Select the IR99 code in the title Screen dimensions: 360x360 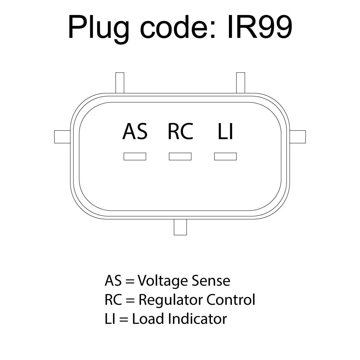coord(259,27)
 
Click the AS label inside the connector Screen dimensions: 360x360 coord(135,131)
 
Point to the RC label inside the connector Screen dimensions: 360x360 coord(180,131)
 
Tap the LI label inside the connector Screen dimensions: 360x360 coord(225,131)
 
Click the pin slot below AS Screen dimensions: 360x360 coord(135,156)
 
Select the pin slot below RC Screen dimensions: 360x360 coord(180,156)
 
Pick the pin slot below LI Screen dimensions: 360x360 coord(225,156)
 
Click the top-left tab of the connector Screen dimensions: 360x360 coord(120,83)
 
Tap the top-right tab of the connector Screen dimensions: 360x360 coord(241,83)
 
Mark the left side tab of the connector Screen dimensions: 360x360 coord(62,137)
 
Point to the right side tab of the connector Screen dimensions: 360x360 coord(298,137)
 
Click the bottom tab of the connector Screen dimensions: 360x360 coord(180,227)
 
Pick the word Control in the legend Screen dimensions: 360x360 coord(230,300)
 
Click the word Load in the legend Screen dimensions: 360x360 coord(148,319)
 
